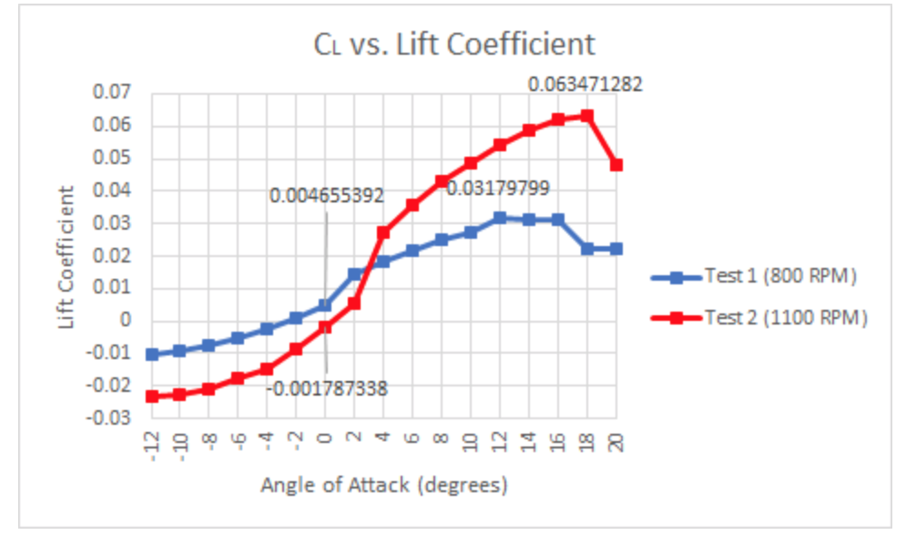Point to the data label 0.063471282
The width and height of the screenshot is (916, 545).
pyautogui.click(x=585, y=85)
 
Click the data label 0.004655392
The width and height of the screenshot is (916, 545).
pyautogui.click(x=326, y=195)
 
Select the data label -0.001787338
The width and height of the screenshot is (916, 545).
pyautogui.click(x=328, y=389)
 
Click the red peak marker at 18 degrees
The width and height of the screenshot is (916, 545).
pyautogui.click(x=587, y=116)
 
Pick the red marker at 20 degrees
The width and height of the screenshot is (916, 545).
pyautogui.click(x=616, y=165)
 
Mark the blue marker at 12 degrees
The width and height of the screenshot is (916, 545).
pyautogui.click(x=500, y=218)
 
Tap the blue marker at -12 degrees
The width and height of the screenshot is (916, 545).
pyautogui.click(x=152, y=354)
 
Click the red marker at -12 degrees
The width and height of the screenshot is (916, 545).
pyautogui.click(x=152, y=396)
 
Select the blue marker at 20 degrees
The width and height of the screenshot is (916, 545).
pyautogui.click(x=616, y=248)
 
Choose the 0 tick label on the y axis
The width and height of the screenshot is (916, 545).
pyautogui.click(x=127, y=321)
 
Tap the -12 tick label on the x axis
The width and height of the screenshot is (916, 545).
pyautogui.click(x=152, y=443)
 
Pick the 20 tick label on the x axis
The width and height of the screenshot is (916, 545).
pyautogui.click(x=616, y=442)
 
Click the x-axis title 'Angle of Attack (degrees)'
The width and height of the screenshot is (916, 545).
pyautogui.click(x=384, y=485)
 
